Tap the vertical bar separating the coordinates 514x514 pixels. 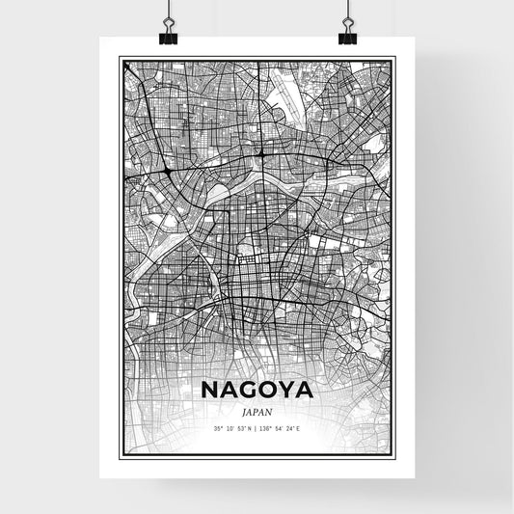coord(257,427)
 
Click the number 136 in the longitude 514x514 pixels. coord(270,427)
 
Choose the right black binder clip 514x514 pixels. coord(346,37)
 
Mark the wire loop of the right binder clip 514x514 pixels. coord(346,23)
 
